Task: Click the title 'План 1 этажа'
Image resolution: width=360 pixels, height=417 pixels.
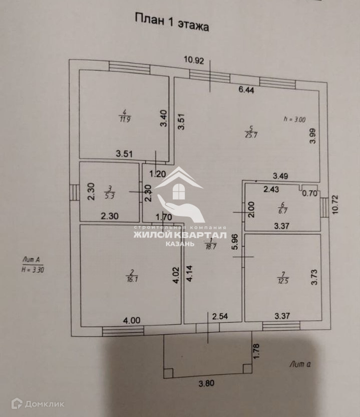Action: point(171,22)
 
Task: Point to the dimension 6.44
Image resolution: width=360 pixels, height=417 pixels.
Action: point(246,90)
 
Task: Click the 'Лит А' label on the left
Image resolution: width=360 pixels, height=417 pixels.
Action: point(31,259)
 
